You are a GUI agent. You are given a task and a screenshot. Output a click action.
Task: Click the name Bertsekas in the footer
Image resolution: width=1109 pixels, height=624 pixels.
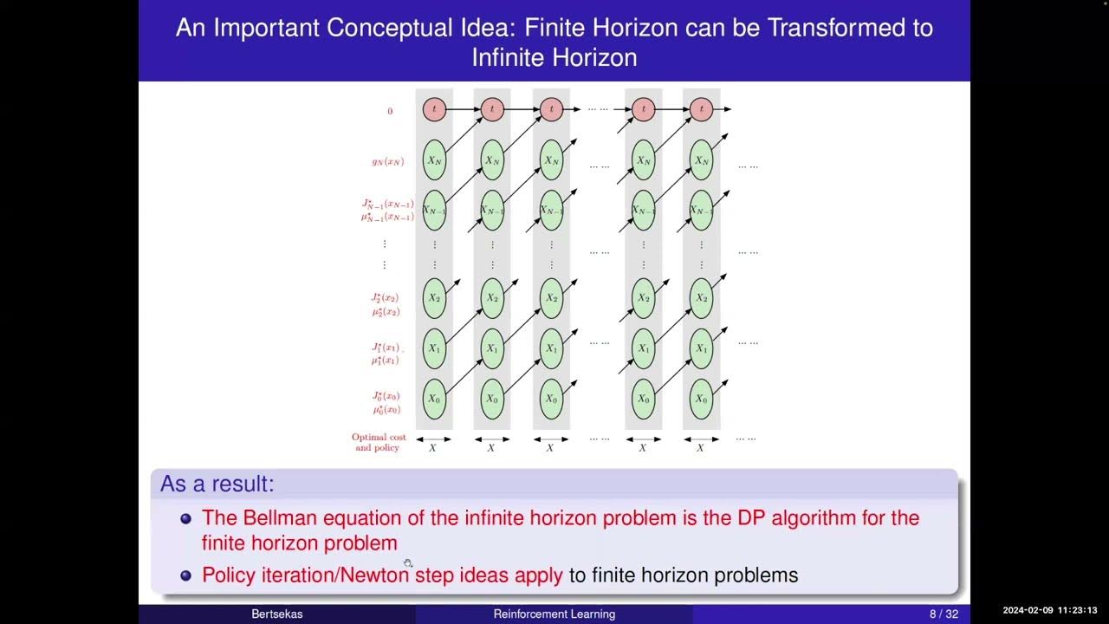coord(278,614)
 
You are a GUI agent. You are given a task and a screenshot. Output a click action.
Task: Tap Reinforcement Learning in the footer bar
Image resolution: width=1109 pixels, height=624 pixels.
coord(554,614)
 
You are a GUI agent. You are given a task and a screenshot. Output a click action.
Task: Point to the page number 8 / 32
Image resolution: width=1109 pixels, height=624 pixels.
coord(944,614)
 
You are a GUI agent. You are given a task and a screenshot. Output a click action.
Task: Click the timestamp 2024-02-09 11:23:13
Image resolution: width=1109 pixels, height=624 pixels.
coord(1050,610)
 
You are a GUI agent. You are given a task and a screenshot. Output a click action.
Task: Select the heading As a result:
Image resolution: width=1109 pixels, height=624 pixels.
coord(217,484)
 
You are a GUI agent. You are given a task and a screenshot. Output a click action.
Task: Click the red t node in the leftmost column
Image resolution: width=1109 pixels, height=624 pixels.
coord(434,109)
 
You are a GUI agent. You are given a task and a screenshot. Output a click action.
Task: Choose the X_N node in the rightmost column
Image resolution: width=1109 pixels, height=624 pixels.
coord(701,160)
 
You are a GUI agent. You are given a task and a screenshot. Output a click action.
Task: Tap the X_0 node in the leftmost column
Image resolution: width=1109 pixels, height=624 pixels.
coord(434,399)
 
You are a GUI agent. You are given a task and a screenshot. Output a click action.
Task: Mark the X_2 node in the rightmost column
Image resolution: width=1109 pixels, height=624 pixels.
coord(701,298)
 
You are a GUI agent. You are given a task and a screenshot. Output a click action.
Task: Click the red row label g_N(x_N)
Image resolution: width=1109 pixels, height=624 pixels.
coord(387,162)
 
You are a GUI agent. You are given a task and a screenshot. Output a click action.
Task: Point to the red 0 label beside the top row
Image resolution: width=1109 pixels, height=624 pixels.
coord(390,111)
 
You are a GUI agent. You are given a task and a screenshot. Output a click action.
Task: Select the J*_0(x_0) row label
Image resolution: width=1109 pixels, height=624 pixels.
coord(386,396)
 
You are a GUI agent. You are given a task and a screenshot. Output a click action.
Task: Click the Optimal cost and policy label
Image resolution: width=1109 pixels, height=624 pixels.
coord(379,442)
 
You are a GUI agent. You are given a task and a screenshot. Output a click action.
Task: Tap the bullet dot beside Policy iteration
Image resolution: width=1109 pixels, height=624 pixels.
coord(185,575)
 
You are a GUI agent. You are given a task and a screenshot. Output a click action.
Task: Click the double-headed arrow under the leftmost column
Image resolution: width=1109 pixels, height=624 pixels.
coord(433,439)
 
